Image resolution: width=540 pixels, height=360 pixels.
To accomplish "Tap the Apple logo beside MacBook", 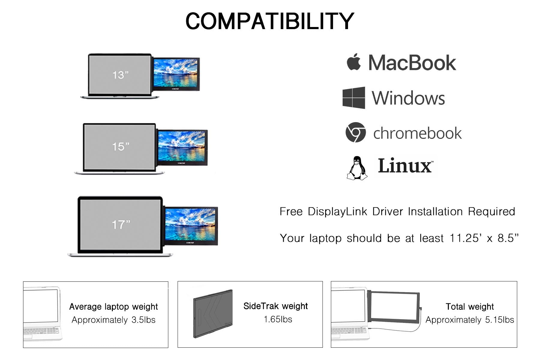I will [354, 62].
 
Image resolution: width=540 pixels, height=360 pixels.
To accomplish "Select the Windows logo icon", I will [354, 98].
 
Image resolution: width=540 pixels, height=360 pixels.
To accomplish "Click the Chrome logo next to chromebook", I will [355, 132].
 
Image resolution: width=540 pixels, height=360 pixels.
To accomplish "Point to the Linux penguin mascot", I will [357, 168].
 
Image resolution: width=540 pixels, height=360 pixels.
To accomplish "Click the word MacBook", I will [412, 63].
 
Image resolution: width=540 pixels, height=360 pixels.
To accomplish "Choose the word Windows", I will [408, 98].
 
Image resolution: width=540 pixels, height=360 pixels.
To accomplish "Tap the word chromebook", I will [417, 133].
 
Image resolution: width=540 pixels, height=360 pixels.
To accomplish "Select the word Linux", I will [405, 166].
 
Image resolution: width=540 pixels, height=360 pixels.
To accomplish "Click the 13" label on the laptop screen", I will [120, 75].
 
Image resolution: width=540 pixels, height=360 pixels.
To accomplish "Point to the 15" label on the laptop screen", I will [121, 147].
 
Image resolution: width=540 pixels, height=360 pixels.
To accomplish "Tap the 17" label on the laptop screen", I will [121, 224].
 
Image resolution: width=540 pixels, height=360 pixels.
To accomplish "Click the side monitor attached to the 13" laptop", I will [176, 74].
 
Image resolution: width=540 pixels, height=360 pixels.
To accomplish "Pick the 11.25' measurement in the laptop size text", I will [466, 238].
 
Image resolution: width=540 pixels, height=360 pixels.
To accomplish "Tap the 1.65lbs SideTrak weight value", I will [278, 319].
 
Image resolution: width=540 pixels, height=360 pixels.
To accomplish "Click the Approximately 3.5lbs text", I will [113, 320].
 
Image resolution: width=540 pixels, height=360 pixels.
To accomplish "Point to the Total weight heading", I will [469, 307].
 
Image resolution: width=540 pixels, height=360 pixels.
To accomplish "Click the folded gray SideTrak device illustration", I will [212, 314].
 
